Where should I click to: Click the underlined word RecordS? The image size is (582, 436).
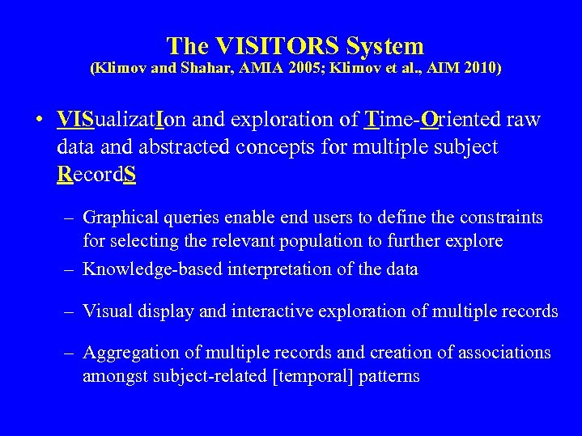(x=96, y=174)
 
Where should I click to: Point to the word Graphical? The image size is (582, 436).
(x=119, y=218)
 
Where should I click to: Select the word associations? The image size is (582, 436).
(x=505, y=353)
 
